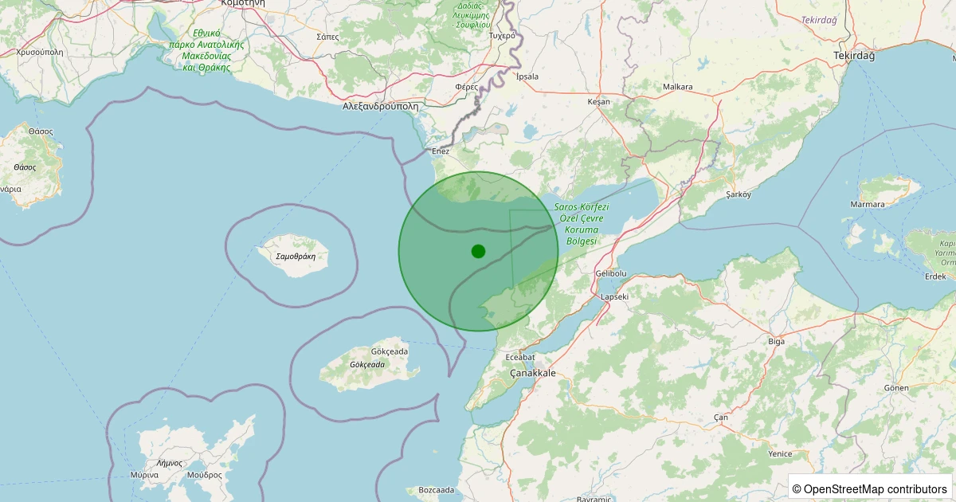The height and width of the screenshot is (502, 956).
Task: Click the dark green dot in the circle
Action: click(x=478, y=251)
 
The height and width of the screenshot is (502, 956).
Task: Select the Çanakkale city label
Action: click(x=534, y=373)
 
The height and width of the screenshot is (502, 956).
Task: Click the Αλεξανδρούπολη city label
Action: click(x=380, y=105)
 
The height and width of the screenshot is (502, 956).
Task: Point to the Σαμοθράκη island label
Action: click(x=296, y=257)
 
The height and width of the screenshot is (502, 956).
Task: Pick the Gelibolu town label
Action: click(x=611, y=273)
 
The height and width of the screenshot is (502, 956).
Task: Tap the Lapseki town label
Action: click(x=614, y=296)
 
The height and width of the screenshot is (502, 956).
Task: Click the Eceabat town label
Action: click(x=520, y=357)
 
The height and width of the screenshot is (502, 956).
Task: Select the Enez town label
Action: click(x=441, y=151)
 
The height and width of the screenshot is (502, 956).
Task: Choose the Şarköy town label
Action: click(x=739, y=194)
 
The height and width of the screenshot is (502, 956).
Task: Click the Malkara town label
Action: click(x=678, y=87)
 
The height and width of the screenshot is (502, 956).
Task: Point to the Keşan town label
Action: click(x=598, y=102)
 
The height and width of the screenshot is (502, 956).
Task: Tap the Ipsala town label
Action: click(x=527, y=76)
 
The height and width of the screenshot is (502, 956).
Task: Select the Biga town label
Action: click(x=776, y=341)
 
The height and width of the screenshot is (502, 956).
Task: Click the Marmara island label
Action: click(x=867, y=204)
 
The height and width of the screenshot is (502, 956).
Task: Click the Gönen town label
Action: click(x=895, y=387)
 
